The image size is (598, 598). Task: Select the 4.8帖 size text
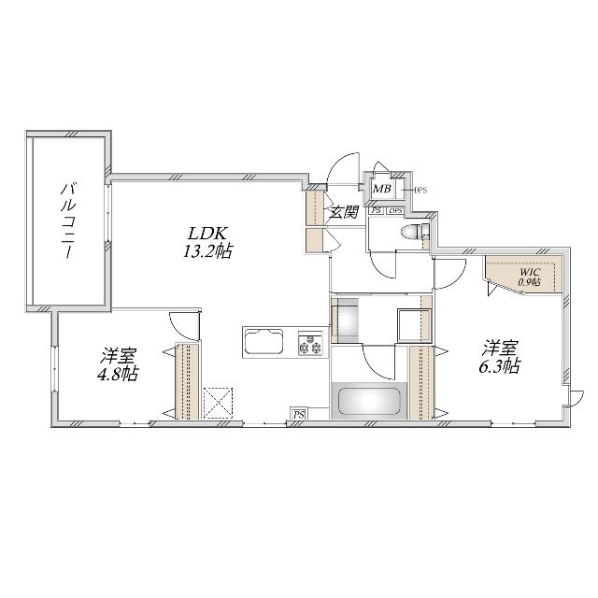(120, 374)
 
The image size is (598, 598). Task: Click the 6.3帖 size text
(500, 367)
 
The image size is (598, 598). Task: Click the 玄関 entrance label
(344, 212)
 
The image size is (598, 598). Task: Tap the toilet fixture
(411, 231)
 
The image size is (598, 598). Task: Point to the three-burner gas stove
(309, 344)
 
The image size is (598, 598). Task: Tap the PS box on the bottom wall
(298, 414)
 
